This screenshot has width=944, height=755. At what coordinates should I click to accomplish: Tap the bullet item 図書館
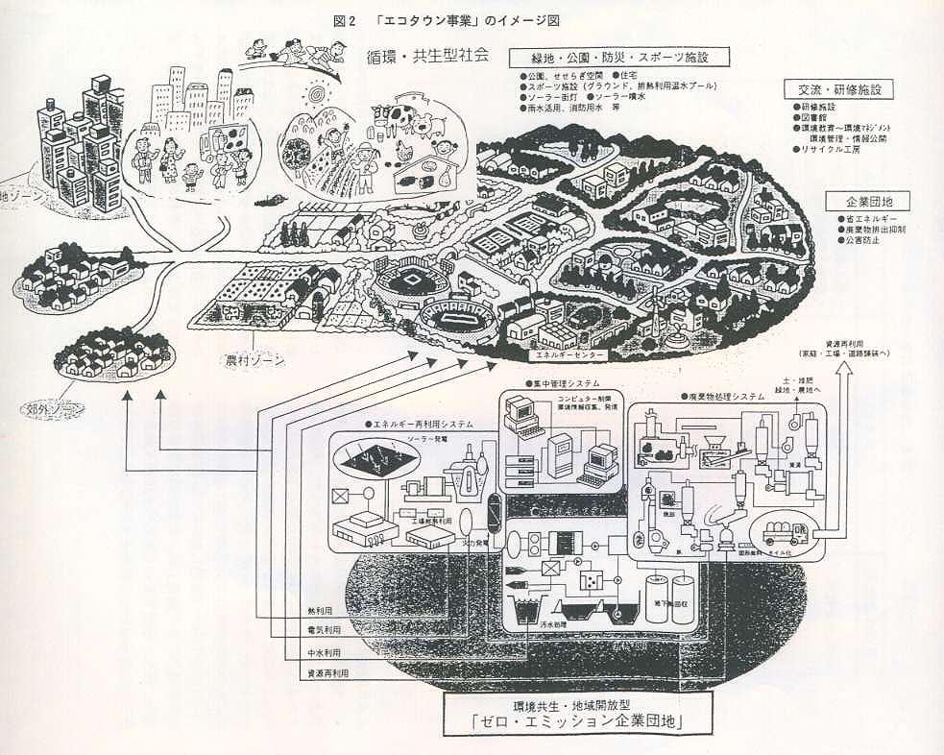(811, 117)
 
